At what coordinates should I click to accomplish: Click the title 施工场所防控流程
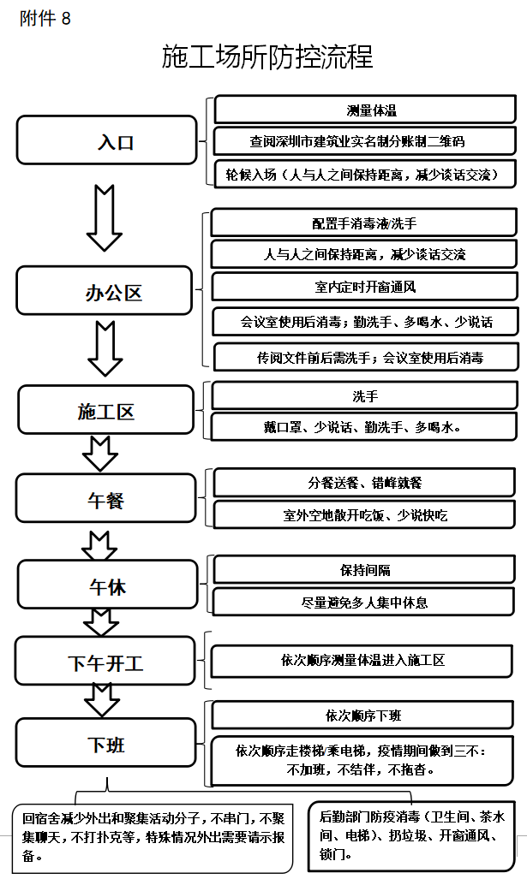(267, 56)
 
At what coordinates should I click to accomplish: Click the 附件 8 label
(45, 19)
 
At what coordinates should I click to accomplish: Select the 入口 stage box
(106, 140)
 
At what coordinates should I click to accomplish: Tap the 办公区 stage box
(105, 291)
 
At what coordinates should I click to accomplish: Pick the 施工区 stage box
(105, 410)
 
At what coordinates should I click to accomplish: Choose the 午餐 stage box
(106, 498)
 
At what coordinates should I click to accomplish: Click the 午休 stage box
(108, 585)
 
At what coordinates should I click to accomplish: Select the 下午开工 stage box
(105, 661)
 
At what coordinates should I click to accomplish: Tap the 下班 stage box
(106, 743)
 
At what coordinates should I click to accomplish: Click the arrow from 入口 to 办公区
(105, 217)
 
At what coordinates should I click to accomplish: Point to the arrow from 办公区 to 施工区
(105, 348)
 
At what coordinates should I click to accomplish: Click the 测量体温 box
(365, 110)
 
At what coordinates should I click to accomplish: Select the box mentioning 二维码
(365, 140)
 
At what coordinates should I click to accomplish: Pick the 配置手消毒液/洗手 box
(363, 223)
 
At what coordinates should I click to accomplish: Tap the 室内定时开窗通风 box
(365, 287)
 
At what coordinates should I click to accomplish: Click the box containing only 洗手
(364, 395)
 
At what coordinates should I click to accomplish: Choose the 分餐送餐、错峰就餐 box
(364, 482)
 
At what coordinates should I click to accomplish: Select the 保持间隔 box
(364, 569)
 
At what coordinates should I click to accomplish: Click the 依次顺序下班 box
(362, 716)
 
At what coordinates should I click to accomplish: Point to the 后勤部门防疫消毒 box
(412, 836)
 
